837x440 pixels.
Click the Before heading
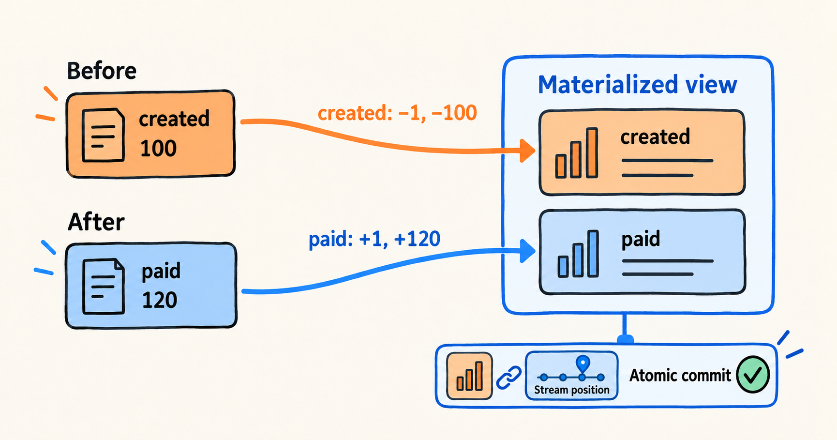(x=102, y=71)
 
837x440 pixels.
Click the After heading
(x=96, y=222)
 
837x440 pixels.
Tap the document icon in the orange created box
(x=103, y=135)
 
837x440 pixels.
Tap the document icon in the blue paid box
(x=103, y=287)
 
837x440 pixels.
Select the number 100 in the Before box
(x=158, y=149)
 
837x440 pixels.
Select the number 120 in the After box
(x=160, y=300)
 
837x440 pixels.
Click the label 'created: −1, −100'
(x=397, y=113)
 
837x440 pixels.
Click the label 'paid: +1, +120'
(x=374, y=239)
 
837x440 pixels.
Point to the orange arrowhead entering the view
(x=527, y=151)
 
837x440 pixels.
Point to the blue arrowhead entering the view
(x=527, y=251)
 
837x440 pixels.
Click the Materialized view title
(x=637, y=85)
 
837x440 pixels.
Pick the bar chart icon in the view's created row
(x=577, y=153)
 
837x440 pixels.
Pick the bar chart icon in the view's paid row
(x=578, y=254)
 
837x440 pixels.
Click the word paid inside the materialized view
(x=641, y=240)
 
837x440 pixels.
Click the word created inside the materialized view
(x=655, y=137)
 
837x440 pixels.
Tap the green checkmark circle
(x=753, y=374)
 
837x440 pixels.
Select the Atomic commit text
(x=680, y=375)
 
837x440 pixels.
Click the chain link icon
(x=509, y=378)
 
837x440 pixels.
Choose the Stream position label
(x=571, y=390)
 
